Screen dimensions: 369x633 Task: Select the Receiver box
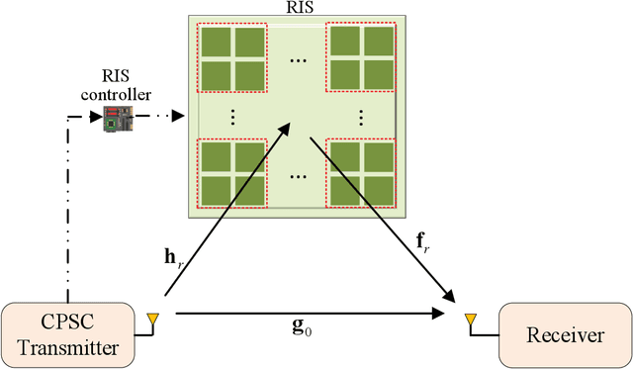click(x=565, y=334)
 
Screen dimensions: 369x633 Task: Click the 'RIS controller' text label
click(x=127, y=87)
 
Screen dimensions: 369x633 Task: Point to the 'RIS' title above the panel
click(x=297, y=7)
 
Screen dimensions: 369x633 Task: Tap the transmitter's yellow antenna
click(x=152, y=320)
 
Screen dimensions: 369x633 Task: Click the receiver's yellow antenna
click(x=471, y=320)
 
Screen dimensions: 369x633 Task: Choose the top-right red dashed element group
click(x=361, y=54)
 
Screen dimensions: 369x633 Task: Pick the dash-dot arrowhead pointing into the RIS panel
click(x=181, y=117)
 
